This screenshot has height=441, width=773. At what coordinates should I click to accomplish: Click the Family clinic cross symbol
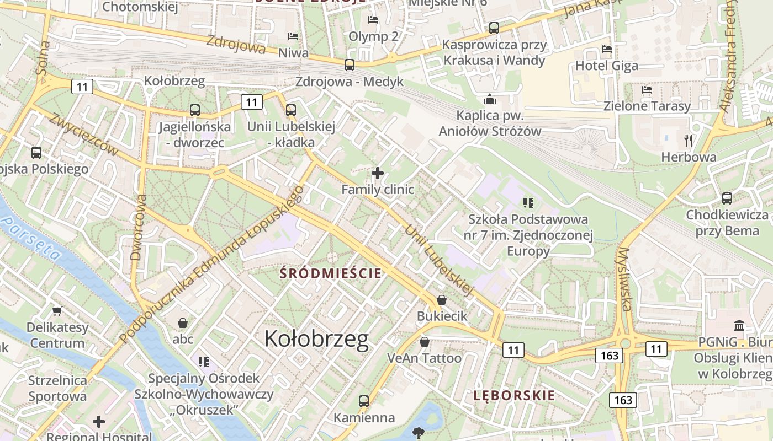pyautogui.click(x=378, y=173)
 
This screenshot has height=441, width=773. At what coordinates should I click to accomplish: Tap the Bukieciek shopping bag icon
pyautogui.click(x=442, y=300)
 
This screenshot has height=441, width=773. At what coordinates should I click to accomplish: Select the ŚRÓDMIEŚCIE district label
pyautogui.click(x=331, y=273)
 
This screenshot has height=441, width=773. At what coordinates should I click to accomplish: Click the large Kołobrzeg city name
pyautogui.click(x=316, y=338)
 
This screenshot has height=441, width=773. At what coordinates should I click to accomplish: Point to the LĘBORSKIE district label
pyautogui.click(x=514, y=395)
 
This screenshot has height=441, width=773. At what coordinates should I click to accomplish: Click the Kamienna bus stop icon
pyautogui.click(x=363, y=401)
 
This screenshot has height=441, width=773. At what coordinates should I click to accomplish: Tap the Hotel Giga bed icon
pyautogui.click(x=607, y=49)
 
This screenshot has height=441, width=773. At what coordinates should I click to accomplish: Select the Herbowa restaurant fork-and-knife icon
pyautogui.click(x=688, y=140)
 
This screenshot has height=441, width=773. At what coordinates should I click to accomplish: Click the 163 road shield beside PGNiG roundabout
pyautogui.click(x=609, y=356)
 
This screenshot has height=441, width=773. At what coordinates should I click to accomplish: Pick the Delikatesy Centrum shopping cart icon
pyautogui.click(x=57, y=311)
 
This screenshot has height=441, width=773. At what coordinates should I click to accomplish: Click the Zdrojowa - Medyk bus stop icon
pyautogui.click(x=350, y=65)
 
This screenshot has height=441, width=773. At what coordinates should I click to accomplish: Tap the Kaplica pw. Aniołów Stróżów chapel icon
pyautogui.click(x=489, y=100)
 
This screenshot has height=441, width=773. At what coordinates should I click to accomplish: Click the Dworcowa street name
pyautogui.click(x=137, y=227)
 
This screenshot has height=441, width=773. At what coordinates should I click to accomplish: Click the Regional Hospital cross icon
pyautogui.click(x=99, y=422)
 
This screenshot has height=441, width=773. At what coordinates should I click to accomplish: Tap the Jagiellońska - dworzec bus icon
pyautogui.click(x=194, y=110)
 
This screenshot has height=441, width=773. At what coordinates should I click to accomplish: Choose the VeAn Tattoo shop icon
pyautogui.click(x=424, y=342)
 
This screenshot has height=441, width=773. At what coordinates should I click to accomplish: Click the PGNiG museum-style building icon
pyautogui.click(x=739, y=326)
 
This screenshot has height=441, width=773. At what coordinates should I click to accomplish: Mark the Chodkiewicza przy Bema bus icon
pyautogui.click(x=727, y=198)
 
